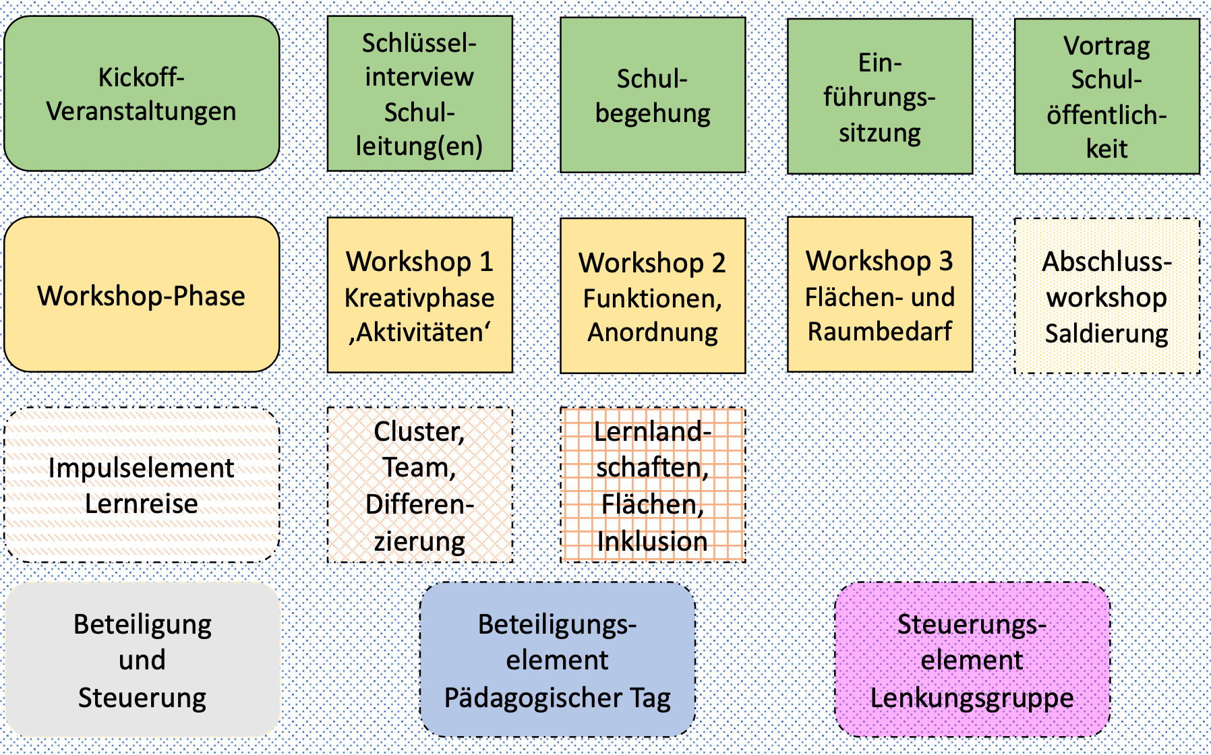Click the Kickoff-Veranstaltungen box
pyautogui.click(x=142, y=94)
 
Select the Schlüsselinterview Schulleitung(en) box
pyautogui.click(x=419, y=94)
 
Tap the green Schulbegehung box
pyautogui.click(x=653, y=95)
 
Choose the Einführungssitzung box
pyautogui.click(x=880, y=96)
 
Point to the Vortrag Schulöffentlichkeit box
pyautogui.click(x=1106, y=96)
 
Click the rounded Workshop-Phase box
pyautogui.click(x=142, y=295)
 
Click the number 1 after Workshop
pyautogui.click(x=486, y=262)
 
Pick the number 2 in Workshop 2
pyautogui.click(x=719, y=263)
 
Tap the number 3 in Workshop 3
pyautogui.click(x=946, y=261)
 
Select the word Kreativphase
pyautogui.click(x=419, y=297)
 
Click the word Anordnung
pyautogui.click(x=653, y=332)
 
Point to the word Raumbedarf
pyautogui.click(x=880, y=332)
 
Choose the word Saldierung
pyautogui.click(x=1106, y=333)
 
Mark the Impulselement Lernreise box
pyautogui.click(x=142, y=485)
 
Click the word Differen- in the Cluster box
pyautogui.click(x=419, y=504)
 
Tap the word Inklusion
pyautogui.click(x=652, y=541)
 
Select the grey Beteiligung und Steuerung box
pyautogui.click(x=142, y=660)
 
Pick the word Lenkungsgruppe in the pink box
pyautogui.click(x=972, y=698)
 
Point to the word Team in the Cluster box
pyautogui.click(x=418, y=467)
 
